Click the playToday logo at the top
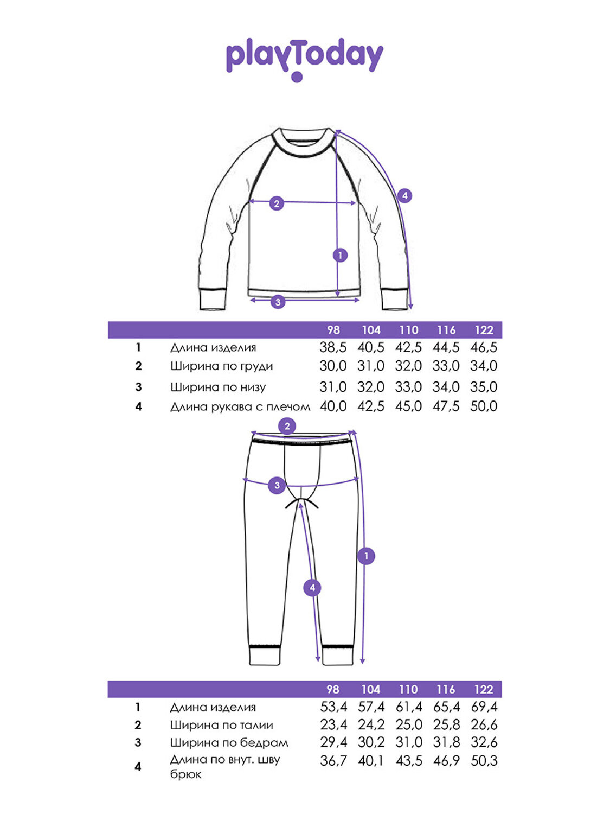304,60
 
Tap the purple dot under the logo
297,77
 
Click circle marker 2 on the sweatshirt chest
277,203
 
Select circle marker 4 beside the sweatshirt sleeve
404,195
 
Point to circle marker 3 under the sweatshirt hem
278,302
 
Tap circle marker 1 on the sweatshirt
340,255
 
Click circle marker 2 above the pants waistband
287,427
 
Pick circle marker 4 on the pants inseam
312,588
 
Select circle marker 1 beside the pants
367,556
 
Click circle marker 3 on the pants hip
277,485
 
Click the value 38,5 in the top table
333,347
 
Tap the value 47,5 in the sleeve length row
446,406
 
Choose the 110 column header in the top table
408,330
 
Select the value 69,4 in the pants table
484,707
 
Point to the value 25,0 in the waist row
409,724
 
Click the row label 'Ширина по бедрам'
229,743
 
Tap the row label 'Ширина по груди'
221,366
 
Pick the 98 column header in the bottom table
332,689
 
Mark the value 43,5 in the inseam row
409,761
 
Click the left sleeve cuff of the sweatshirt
213,299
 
